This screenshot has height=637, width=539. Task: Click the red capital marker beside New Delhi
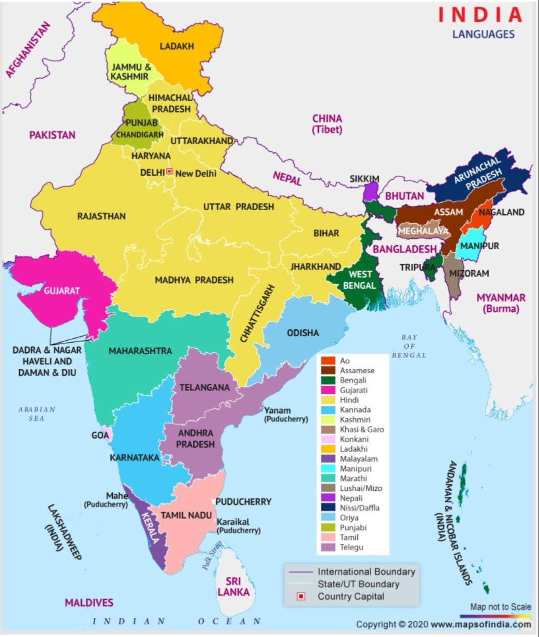point(169,172)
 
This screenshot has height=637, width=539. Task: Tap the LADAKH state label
point(176,46)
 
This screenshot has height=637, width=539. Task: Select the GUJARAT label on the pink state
point(61,290)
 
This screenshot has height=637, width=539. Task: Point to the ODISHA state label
point(302,333)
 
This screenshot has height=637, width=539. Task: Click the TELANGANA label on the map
point(204,387)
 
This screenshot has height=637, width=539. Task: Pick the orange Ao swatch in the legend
point(328,361)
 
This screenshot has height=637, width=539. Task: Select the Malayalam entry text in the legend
point(358,459)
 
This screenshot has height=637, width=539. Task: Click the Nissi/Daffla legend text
point(359,508)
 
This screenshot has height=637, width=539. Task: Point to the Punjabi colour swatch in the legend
point(328,527)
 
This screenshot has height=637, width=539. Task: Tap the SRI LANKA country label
point(233,586)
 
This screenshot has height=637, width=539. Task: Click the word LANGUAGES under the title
point(483,34)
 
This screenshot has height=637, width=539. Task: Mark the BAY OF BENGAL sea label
point(409,346)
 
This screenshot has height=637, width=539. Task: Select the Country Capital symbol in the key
point(301,596)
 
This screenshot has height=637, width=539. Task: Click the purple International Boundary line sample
point(300,571)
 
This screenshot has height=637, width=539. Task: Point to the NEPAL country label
point(287,178)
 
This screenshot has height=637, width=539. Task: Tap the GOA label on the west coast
point(100,435)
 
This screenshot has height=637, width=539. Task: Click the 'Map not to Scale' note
point(500,606)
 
